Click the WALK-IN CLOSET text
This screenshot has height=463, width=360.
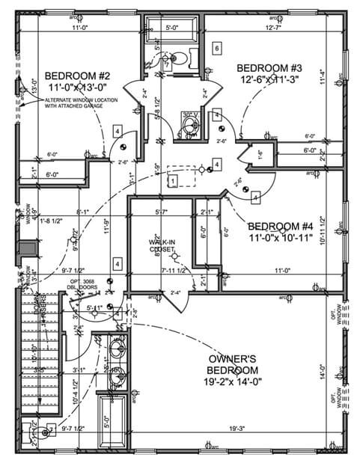pos(162,245)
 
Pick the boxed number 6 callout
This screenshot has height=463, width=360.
pos(216,49)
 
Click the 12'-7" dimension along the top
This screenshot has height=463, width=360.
pos(274,28)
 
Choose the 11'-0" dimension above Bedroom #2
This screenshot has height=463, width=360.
pos(81,28)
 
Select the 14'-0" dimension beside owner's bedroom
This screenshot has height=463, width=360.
pos(323,372)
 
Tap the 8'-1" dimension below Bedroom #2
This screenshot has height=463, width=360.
pos(83,212)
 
